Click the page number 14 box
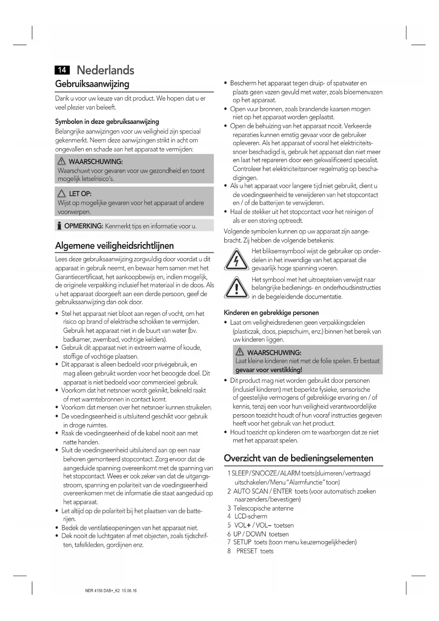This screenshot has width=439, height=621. point(62,70)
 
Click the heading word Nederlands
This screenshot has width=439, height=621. point(105,70)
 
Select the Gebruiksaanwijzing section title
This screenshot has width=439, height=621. point(92,84)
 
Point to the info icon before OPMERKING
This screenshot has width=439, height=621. point(59,226)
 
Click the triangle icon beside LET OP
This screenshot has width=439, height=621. point(62,194)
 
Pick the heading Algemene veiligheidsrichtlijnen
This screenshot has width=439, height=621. point(114,245)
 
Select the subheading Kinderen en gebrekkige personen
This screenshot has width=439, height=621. point(271,313)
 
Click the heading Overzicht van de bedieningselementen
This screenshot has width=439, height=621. point(298,458)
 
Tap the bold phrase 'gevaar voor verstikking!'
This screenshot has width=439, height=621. point(268,370)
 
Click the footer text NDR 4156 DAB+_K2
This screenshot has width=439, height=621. point(103,591)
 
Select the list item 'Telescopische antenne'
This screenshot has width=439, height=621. point(263,508)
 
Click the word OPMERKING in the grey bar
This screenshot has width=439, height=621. point(83,226)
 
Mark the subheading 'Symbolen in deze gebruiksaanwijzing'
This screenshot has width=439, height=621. point(107,122)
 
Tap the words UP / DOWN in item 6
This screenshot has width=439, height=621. point(249,534)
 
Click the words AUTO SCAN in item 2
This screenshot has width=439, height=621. point(249,491)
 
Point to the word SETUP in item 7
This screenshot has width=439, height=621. point(242,542)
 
